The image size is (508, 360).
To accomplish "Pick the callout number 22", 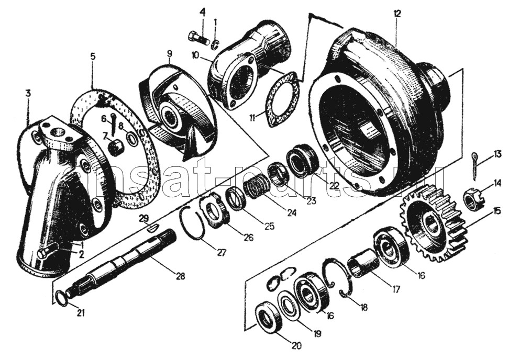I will pos(334,185).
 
